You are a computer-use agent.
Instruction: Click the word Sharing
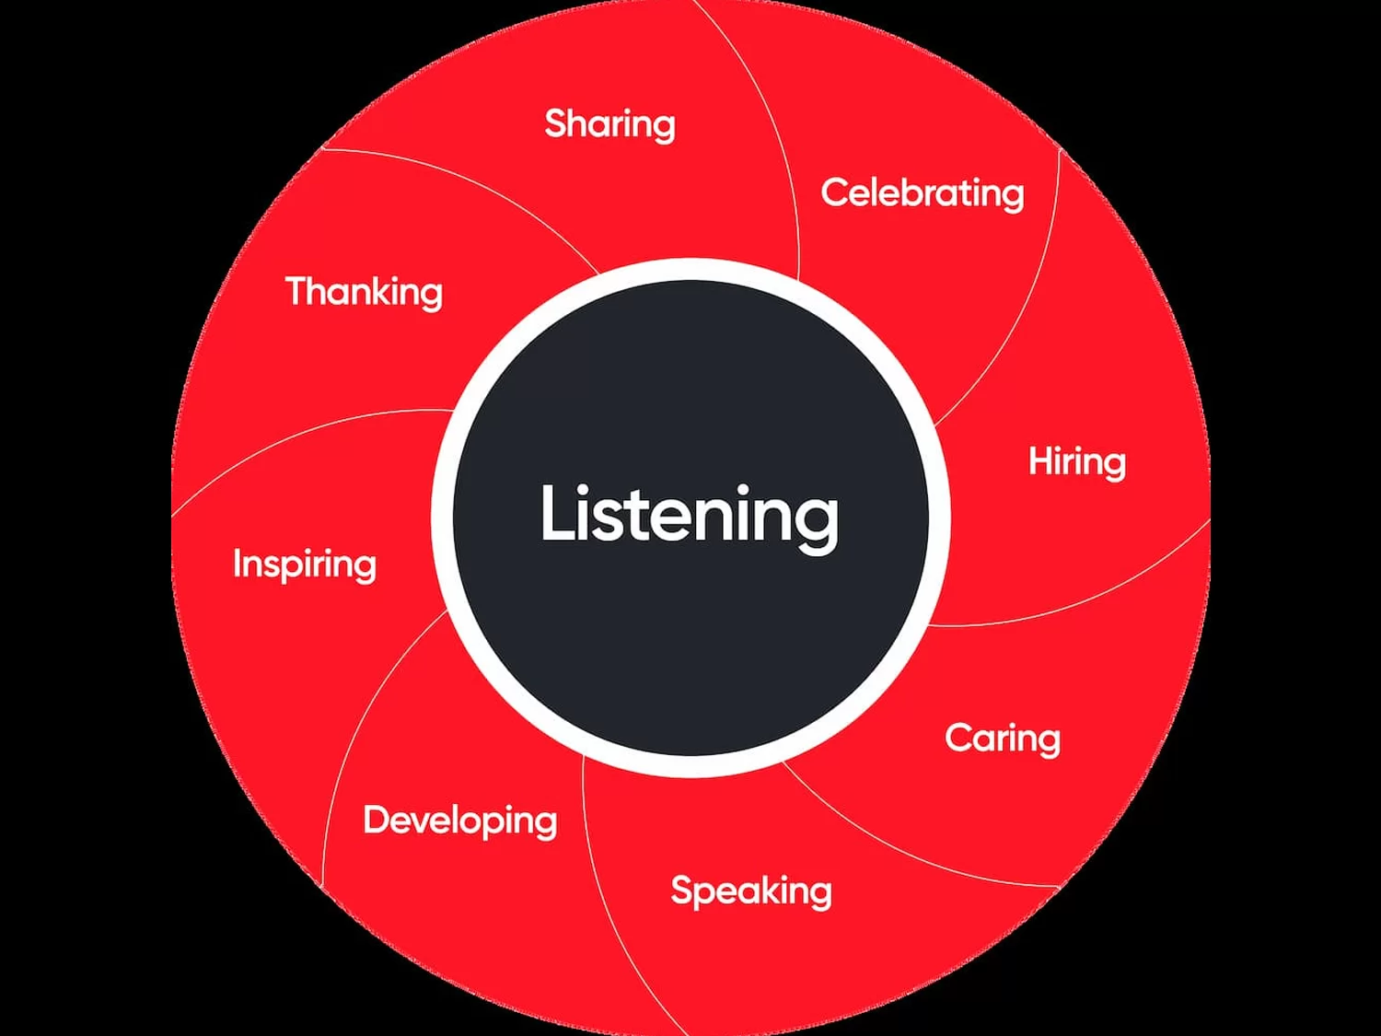(x=609, y=124)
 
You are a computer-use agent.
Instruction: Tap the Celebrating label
(x=922, y=193)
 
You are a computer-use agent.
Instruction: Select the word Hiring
(x=1076, y=461)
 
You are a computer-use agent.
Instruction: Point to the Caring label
(x=1002, y=738)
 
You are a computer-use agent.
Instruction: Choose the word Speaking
(x=750, y=890)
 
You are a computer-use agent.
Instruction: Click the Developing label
(x=459, y=820)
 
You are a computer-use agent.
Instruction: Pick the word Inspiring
(x=304, y=564)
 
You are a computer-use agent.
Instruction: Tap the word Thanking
(x=364, y=292)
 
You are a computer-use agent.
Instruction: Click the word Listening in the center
(x=689, y=514)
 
